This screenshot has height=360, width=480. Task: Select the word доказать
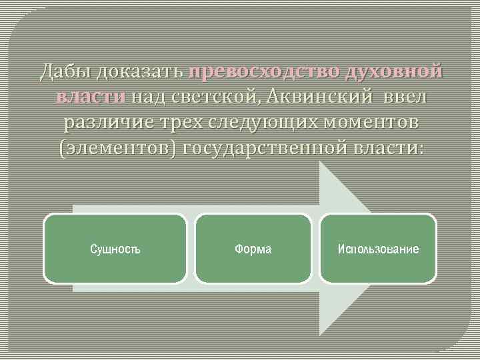[140, 71]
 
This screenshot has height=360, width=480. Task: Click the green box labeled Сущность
[115, 249]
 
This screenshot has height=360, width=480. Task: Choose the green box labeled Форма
[253, 249]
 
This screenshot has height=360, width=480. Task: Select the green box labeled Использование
[378, 249]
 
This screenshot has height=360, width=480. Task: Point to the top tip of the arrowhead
[321, 163]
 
